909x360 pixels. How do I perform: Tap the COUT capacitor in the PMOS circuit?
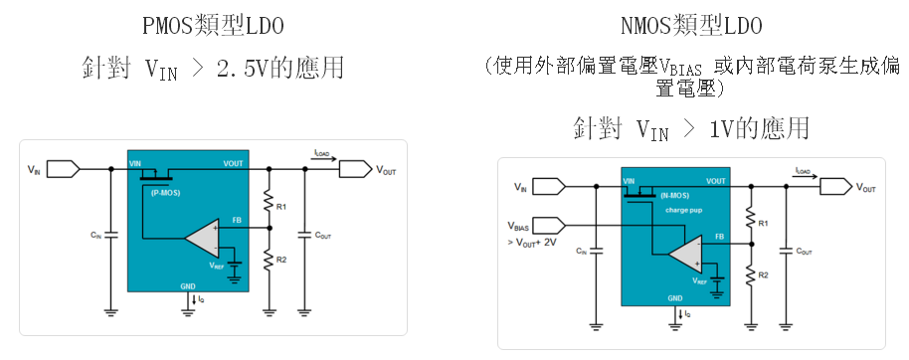coord(304,235)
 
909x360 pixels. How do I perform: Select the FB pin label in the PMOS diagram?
coord(237,220)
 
